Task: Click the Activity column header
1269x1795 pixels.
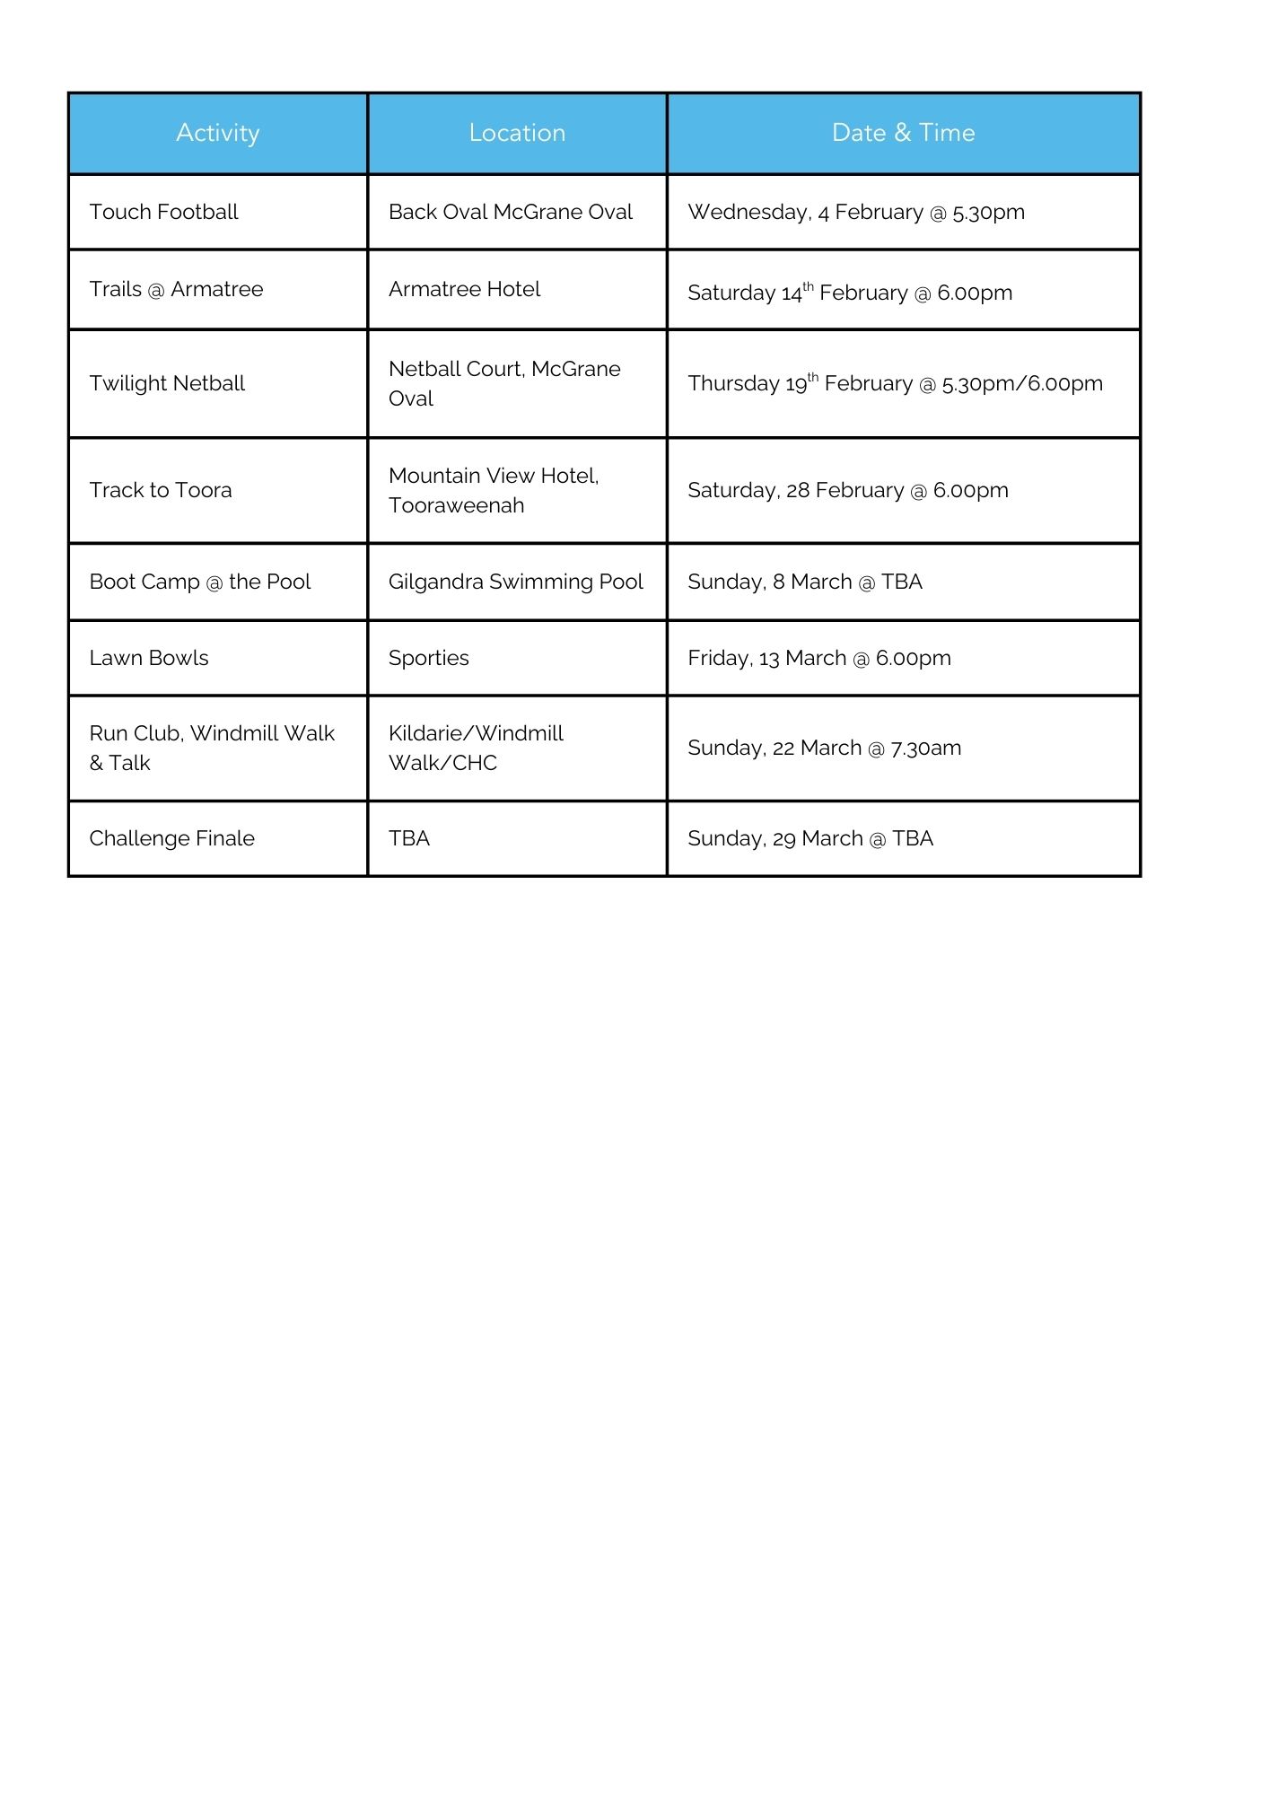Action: (x=217, y=133)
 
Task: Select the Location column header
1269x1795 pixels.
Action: (x=517, y=133)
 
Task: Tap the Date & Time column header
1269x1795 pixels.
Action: (x=903, y=133)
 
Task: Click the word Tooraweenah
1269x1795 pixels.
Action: (x=456, y=505)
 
